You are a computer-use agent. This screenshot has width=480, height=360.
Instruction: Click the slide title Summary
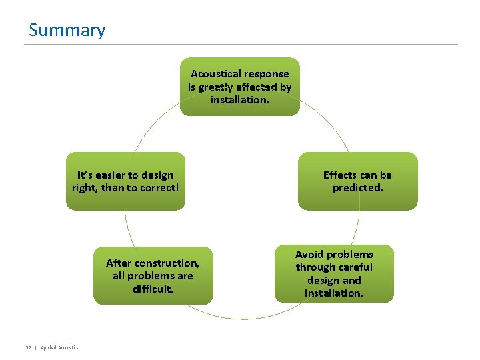[67, 30]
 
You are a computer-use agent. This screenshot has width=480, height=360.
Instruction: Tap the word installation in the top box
[239, 100]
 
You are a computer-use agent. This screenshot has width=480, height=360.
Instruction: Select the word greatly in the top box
[215, 87]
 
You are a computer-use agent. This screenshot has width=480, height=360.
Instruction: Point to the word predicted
[357, 188]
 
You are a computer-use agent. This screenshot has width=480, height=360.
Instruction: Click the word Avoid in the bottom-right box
[309, 254]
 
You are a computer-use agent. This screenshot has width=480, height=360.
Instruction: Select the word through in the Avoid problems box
[313, 267]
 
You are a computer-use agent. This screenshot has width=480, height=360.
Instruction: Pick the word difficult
[153, 289]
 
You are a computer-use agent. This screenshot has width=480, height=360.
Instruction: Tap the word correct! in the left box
[158, 188]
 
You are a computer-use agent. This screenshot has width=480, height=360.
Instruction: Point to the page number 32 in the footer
[28, 347]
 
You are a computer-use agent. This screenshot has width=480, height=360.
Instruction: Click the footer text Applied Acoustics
[59, 347]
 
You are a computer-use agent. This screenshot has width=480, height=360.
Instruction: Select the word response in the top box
[267, 74]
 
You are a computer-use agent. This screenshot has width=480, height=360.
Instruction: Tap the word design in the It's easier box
[157, 175]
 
